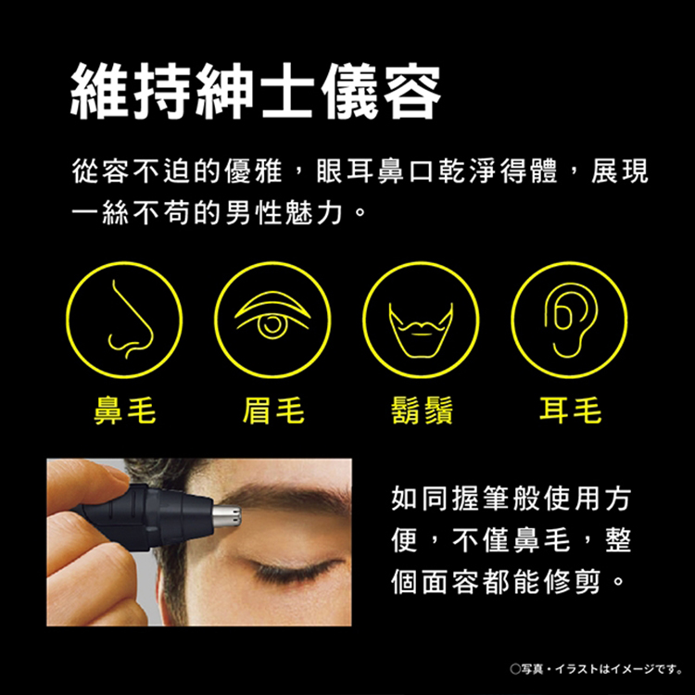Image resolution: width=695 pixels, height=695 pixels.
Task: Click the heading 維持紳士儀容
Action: (x=256, y=91)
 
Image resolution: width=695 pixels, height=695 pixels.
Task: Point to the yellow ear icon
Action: (x=570, y=320)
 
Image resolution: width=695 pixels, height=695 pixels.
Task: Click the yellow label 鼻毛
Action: (x=124, y=411)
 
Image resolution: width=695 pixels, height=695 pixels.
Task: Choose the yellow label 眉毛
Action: (x=273, y=411)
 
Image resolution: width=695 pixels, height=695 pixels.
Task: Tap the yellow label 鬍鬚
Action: (x=422, y=411)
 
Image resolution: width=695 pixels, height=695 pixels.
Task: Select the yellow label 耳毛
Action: (x=570, y=411)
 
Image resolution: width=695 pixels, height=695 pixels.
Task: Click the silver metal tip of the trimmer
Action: (x=226, y=517)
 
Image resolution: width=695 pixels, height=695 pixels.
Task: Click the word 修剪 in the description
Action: (x=571, y=582)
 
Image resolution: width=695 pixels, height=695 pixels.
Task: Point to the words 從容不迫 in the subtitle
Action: (x=132, y=171)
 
